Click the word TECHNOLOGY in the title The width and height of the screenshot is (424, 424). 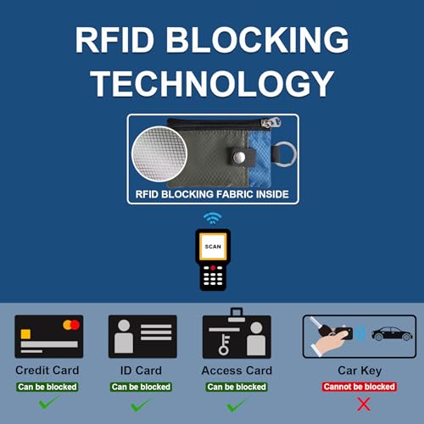click(212, 83)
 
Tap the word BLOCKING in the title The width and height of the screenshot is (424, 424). click(257, 40)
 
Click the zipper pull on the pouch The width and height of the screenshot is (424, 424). click(271, 122)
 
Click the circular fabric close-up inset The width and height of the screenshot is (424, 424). click(159, 153)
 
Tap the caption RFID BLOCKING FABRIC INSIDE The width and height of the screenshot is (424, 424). click(212, 194)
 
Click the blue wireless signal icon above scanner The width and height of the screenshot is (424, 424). click(213, 218)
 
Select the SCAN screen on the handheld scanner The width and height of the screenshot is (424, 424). click(213, 247)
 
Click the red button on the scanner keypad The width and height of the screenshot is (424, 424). click(213, 267)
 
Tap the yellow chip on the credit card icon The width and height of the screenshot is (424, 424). click(25, 334)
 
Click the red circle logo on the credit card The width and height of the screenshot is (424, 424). click(75, 325)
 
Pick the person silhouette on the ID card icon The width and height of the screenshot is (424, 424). click(124, 336)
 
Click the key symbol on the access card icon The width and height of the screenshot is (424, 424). click(224, 344)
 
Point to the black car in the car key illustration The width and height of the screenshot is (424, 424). click(392, 334)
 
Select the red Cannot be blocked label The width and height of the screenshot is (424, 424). click(360, 387)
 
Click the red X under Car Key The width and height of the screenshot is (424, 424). click(364, 404)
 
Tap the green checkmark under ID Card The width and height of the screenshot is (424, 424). click(140, 405)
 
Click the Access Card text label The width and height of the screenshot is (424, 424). click(237, 371)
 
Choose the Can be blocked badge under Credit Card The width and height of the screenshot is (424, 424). click(47, 387)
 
